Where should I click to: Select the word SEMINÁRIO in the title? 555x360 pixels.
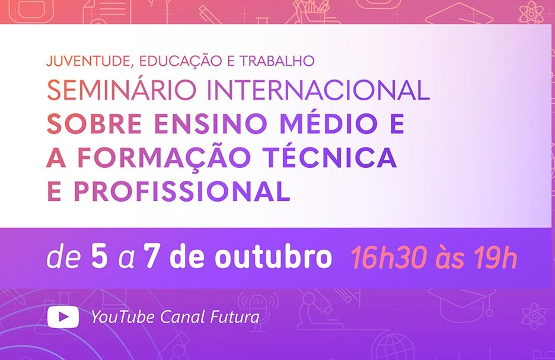point(122,90)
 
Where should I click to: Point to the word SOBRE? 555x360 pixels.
point(94,123)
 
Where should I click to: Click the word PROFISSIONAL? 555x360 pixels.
point(182,191)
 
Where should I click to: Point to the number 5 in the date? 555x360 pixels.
point(99,256)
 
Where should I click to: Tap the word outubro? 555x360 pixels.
point(273,256)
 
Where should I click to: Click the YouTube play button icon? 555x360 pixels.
point(63,317)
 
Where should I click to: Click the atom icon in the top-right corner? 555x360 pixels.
point(531,12)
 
